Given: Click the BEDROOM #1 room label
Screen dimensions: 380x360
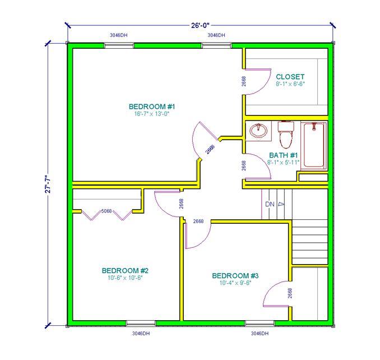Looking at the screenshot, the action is pos(152,107).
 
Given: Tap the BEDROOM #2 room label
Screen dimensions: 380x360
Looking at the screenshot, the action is pos(125,270).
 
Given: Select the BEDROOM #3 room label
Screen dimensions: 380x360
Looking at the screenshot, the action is pos(235,276).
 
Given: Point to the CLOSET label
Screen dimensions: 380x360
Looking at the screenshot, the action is pos(290,77).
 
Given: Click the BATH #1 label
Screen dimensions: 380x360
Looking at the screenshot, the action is pos(283,155).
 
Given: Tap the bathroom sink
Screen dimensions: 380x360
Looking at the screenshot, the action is pos(259,131).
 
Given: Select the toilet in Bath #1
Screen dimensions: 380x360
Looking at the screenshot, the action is pos(286,135).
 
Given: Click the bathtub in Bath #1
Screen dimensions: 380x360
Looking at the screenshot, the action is pos(314,145).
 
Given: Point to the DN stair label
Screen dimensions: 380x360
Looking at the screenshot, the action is pos(270,204).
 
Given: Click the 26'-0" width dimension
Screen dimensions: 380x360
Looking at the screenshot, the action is pos(200,25).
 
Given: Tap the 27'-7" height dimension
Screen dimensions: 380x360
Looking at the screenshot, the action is pos(48,184).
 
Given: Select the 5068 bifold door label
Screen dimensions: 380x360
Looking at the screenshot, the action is pos(106,211).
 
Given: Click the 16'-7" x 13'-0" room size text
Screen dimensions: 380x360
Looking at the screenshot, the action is pos(152,114).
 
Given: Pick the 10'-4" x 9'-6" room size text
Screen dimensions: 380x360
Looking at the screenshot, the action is pos(235,283).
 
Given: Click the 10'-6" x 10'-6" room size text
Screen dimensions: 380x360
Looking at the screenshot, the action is pos(125,278).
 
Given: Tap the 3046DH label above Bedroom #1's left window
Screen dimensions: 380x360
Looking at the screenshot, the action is pos(119,35).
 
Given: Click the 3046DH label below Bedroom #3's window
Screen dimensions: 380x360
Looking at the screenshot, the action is pos(259,333).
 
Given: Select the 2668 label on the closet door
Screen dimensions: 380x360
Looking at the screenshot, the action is pos(244,81).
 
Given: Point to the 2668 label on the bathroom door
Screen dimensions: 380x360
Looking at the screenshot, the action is pos(244,165).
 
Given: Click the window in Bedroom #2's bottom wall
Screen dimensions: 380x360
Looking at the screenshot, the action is pos(141,323).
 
